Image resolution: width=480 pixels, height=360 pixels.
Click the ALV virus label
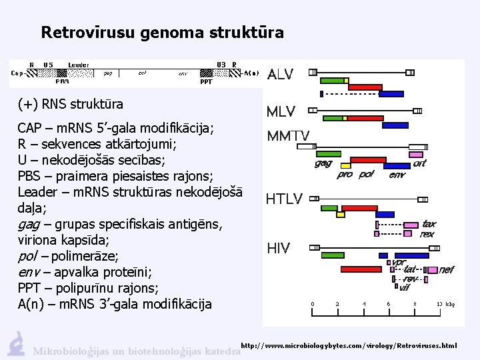280,75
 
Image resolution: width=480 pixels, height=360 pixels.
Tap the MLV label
281,111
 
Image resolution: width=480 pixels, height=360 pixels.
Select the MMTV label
288,136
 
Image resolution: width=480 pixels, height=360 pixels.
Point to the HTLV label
284,199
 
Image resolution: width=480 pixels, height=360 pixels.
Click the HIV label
278,249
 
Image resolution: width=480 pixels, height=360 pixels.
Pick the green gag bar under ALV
334,80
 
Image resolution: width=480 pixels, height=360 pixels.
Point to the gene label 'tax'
429,225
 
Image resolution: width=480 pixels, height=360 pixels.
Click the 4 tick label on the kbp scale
364,304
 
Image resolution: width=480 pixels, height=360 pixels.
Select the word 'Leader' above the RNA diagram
78,65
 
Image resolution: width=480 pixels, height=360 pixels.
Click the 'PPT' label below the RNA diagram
206,82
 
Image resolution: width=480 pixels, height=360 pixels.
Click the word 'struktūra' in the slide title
249,32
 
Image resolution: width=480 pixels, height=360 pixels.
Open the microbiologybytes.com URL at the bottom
349,346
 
